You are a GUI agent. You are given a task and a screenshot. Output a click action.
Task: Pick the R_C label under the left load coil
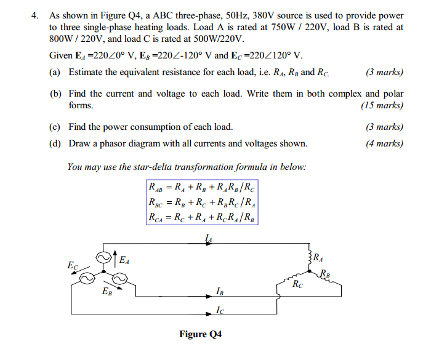point(298,284)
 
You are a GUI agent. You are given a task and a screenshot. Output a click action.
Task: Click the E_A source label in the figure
point(124,261)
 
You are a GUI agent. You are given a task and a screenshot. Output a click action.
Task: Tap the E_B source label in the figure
point(107,291)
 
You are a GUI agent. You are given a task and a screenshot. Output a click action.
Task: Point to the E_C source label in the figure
point(73,266)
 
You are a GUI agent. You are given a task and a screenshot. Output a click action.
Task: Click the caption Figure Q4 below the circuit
point(200,334)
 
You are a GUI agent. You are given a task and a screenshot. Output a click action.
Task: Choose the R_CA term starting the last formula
point(156,217)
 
